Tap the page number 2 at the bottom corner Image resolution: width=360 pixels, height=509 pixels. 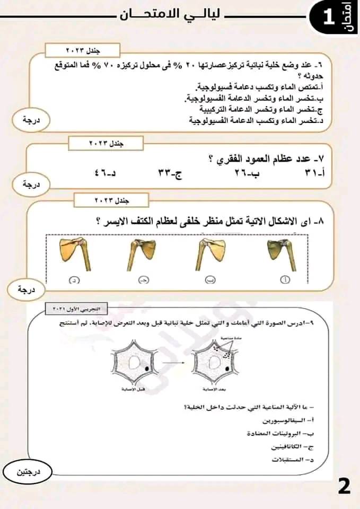tap(344, 486)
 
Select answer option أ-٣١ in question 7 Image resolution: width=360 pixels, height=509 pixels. tap(313, 173)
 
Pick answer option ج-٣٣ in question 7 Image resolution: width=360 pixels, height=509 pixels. tap(170, 173)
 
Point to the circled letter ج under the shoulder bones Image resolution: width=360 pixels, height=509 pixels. tap(143, 279)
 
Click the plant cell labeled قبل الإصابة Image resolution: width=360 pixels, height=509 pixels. tap(133, 366)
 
